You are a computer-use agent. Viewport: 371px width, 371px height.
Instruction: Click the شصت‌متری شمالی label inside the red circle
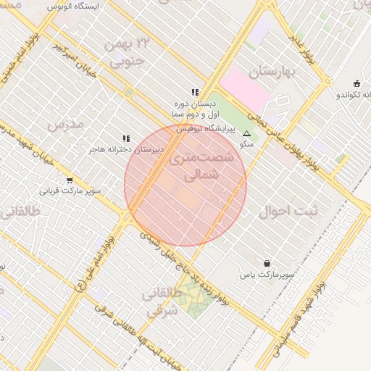pyautogui.click(x=199, y=166)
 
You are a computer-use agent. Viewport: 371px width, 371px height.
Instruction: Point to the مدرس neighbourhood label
pyautogui.click(x=66, y=125)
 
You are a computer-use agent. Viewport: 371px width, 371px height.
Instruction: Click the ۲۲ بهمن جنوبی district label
pyautogui.click(x=128, y=53)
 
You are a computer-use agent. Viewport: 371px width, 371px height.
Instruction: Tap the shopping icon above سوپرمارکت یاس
pyautogui.click(x=268, y=264)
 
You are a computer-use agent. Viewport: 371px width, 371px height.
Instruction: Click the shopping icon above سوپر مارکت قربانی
pyautogui.click(x=70, y=180)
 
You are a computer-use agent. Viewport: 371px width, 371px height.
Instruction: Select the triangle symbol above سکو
pyautogui.click(x=246, y=133)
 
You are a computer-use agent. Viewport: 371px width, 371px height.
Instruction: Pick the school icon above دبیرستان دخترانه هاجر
pyautogui.click(x=126, y=138)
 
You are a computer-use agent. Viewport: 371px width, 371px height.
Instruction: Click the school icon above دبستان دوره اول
pyautogui.click(x=195, y=92)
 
